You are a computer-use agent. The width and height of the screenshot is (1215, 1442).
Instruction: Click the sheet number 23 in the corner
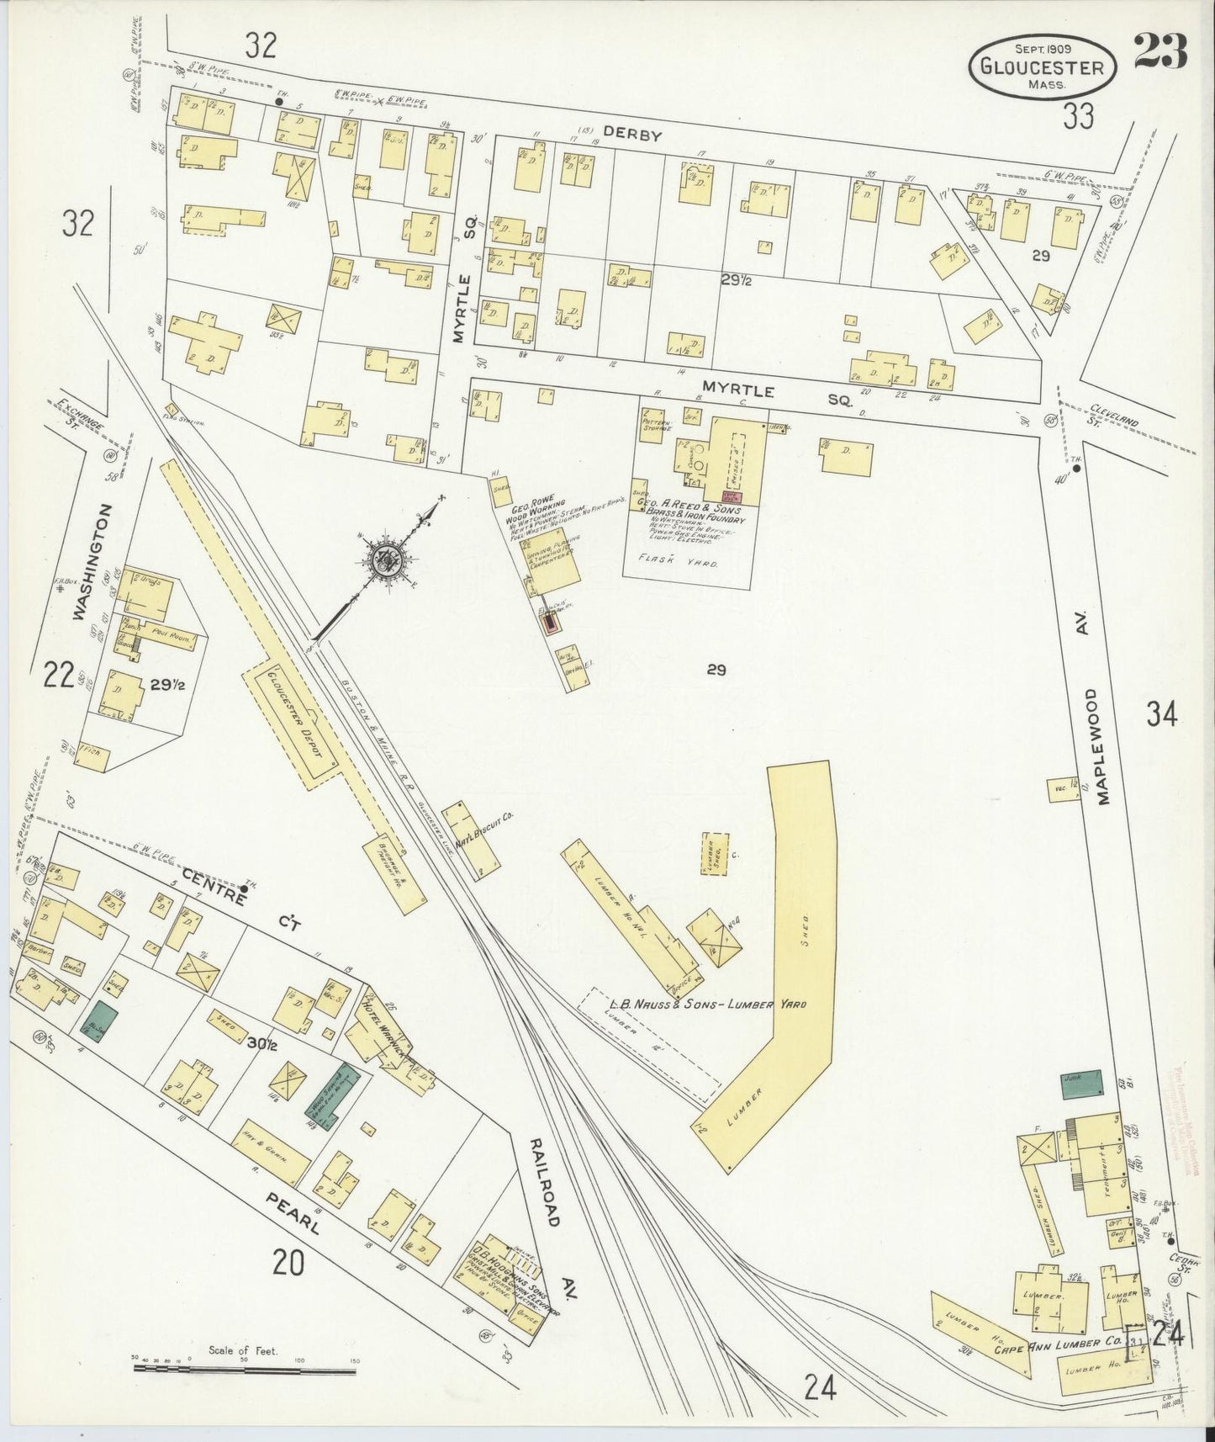point(1160,52)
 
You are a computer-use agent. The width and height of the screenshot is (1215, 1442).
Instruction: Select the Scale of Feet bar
point(244,1370)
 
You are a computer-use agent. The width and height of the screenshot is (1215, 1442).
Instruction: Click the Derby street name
point(632,135)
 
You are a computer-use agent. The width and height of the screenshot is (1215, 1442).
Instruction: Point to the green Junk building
point(1080,1084)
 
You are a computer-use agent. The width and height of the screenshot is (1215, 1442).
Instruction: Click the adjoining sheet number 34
point(1161,715)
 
